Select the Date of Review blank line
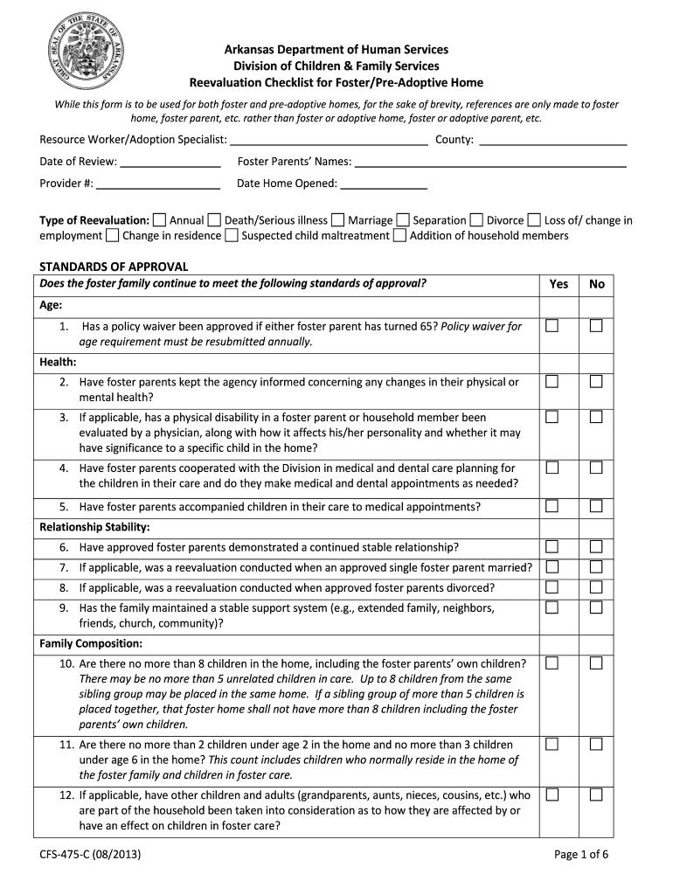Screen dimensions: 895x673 pos(170,162)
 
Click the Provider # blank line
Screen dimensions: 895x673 pos(158,184)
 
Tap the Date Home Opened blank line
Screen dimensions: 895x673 pos(383,184)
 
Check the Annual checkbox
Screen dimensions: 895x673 pos(159,220)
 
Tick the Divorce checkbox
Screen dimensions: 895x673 pos(476,220)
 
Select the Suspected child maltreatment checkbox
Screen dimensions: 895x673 pos(231,235)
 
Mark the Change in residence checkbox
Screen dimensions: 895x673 pos(113,235)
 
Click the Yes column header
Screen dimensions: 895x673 pos(559,284)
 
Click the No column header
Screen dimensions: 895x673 pos(597,284)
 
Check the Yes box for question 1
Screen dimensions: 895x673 pos(552,326)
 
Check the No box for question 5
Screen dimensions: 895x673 pos(596,506)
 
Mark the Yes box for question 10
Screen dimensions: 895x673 pos(552,663)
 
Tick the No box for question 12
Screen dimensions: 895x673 pos(596,795)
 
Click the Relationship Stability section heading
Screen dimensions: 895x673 pos(94,527)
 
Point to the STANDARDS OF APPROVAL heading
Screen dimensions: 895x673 pos(114,267)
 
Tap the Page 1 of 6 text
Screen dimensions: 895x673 pos(581,854)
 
